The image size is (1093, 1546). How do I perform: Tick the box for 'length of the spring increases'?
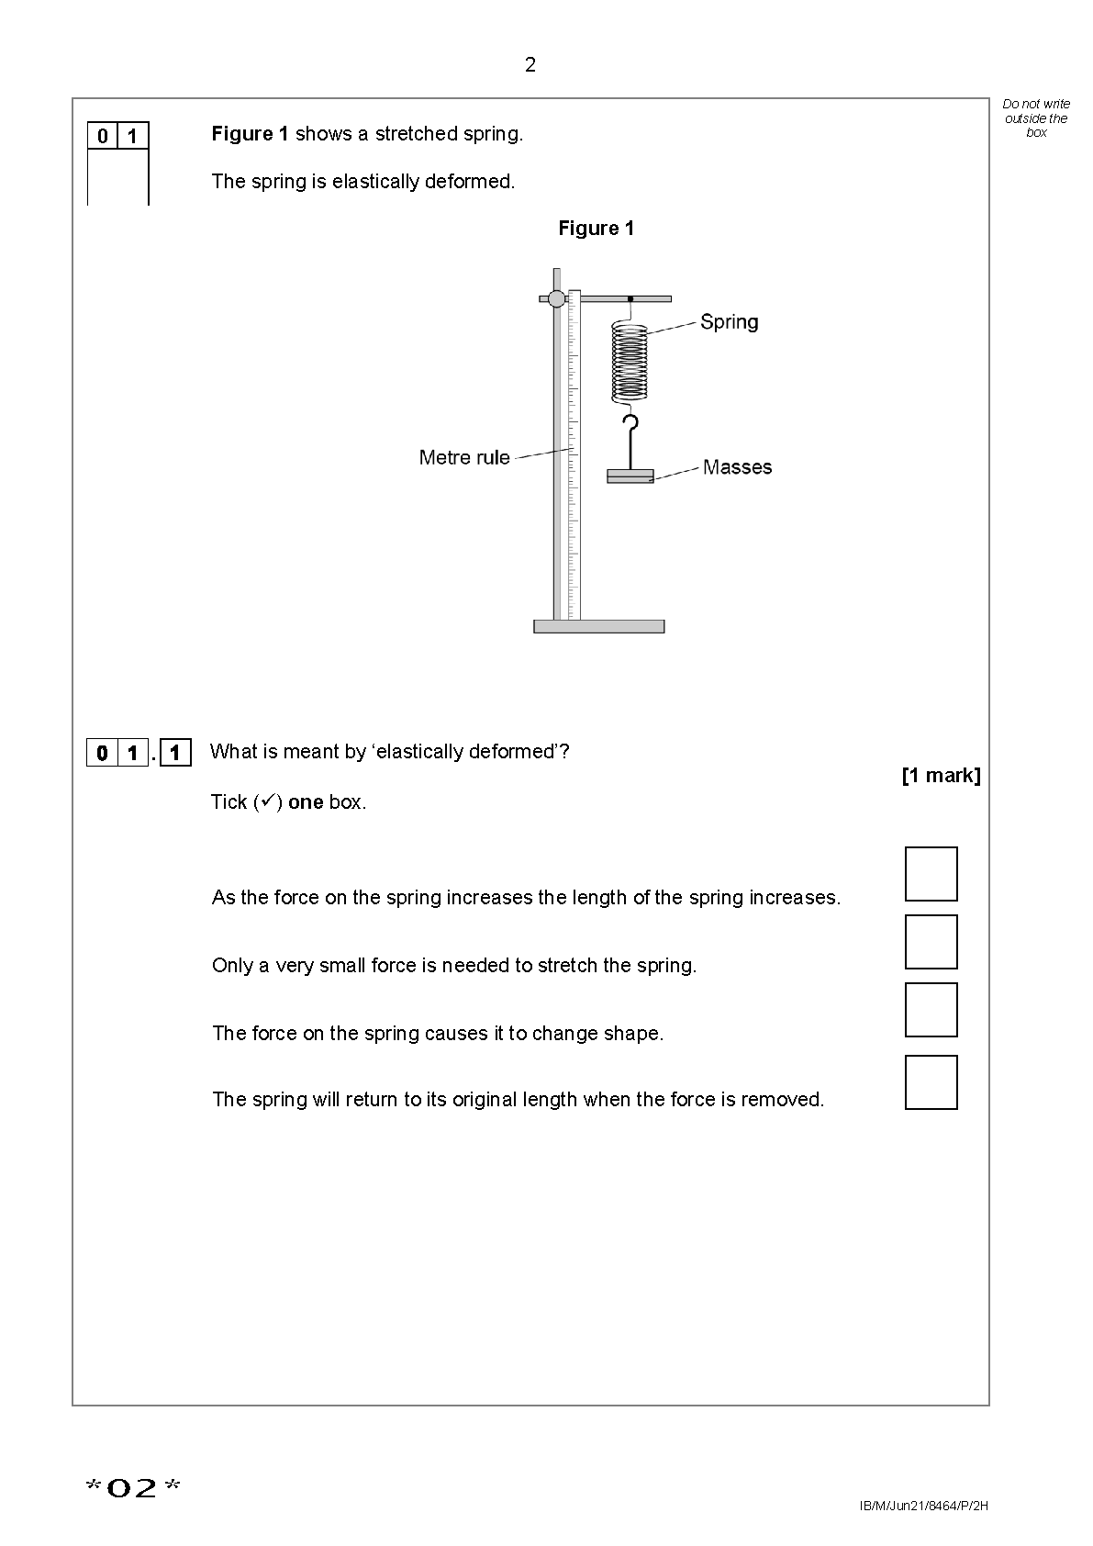tap(931, 874)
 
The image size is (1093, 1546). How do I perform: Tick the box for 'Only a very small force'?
tap(931, 942)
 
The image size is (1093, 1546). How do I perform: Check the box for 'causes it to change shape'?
tap(931, 1010)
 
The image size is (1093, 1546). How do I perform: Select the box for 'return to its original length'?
tap(931, 1082)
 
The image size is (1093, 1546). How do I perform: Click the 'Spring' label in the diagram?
tap(729, 322)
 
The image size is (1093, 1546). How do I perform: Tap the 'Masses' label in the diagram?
tap(737, 467)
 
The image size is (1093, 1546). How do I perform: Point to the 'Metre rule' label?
tap(464, 457)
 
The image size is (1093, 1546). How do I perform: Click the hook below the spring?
tap(630, 431)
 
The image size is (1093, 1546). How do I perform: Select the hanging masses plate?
tap(630, 476)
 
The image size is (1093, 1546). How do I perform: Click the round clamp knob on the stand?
tap(556, 298)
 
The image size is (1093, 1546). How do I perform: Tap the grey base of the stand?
tap(598, 626)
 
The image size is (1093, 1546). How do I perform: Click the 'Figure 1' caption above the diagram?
tap(596, 229)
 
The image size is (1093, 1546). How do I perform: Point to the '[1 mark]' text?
tap(941, 776)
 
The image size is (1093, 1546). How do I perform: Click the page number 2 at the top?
tap(530, 65)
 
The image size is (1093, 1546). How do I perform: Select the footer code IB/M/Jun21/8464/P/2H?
tap(924, 1507)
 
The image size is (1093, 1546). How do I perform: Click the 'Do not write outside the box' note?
tap(1036, 118)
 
